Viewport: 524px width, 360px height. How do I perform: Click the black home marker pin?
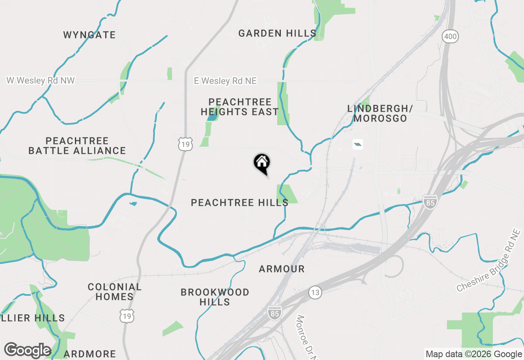tap(262, 163)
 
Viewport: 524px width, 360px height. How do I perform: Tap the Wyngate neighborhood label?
tap(89, 35)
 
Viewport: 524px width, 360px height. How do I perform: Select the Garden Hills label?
tap(277, 33)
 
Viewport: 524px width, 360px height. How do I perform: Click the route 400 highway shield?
tap(450, 37)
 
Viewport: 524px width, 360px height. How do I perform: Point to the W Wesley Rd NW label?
tap(41, 81)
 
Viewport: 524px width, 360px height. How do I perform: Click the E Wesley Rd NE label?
tap(225, 81)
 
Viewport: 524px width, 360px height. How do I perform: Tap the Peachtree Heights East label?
tap(239, 107)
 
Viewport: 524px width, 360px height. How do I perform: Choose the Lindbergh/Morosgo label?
tap(380, 113)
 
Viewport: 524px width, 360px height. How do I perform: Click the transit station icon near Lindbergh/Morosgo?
tap(357, 144)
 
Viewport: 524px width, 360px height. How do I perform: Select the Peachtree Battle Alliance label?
tap(77, 146)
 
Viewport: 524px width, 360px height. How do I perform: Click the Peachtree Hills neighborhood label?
tap(239, 202)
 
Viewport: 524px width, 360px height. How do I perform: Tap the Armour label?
tap(282, 269)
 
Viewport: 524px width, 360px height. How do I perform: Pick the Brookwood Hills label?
tap(215, 297)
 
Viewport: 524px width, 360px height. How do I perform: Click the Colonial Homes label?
tap(115, 292)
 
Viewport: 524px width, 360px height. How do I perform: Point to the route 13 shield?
tap(315, 292)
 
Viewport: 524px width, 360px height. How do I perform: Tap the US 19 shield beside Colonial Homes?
tap(127, 315)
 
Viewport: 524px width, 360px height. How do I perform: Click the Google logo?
tap(27, 350)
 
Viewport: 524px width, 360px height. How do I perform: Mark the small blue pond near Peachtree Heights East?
tap(212, 117)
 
